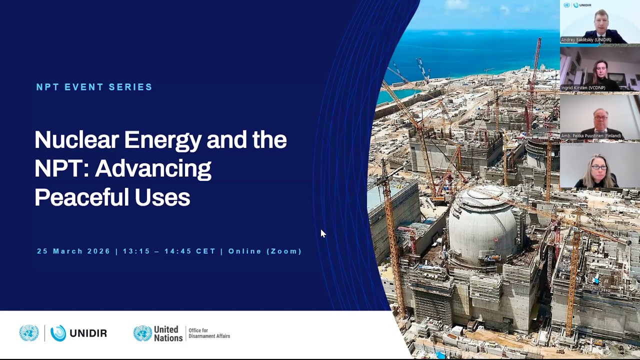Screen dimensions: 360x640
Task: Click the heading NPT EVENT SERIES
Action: (94, 87)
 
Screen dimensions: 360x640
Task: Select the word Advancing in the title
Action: (153, 169)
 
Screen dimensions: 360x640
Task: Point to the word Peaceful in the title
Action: (80, 197)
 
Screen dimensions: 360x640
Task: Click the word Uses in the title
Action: (162, 197)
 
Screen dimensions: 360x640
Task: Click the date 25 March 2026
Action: (73, 251)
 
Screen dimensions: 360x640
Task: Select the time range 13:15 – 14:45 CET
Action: (169, 251)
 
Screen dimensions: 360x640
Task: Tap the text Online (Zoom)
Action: (265, 251)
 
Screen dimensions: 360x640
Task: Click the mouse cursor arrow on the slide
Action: (322, 233)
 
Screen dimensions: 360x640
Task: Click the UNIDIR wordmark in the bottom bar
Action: (88, 333)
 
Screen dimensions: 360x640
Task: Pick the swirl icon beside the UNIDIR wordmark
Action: (58, 333)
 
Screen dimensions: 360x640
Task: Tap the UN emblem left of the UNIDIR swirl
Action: (29, 333)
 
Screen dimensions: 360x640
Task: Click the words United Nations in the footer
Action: (167, 333)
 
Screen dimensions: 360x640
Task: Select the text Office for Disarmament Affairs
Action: (209, 333)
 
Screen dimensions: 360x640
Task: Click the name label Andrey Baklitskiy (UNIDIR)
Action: (586, 40)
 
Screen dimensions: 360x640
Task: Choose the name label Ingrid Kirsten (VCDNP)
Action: (583, 88)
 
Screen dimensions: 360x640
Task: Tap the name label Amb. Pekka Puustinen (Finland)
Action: (591, 136)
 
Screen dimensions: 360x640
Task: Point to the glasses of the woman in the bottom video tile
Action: (598, 167)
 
